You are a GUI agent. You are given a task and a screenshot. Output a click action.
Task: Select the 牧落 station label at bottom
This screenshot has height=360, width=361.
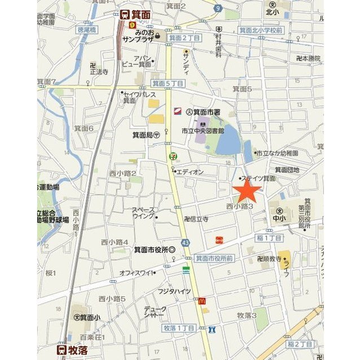(78, 349)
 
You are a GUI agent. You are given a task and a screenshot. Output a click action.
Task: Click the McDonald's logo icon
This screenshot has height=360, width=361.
(201, 301)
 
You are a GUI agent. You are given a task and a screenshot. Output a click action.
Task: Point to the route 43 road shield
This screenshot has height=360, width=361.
(186, 242)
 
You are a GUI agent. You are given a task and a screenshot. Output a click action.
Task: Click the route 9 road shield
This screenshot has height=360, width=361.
(218, 8)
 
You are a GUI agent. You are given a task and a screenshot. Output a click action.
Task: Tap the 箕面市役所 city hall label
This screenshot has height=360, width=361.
(154, 250)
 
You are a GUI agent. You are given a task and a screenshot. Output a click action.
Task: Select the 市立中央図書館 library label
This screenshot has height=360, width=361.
(202, 131)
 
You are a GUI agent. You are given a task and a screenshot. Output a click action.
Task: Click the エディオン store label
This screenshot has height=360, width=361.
(190, 171)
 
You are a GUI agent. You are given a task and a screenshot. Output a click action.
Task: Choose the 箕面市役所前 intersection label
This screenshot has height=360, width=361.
(214, 258)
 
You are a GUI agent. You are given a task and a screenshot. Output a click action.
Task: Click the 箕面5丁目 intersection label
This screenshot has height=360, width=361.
(168, 83)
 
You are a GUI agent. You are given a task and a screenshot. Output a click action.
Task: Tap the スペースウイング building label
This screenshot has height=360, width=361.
(144, 212)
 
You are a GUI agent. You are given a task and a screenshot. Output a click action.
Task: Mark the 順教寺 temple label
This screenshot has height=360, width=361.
(270, 259)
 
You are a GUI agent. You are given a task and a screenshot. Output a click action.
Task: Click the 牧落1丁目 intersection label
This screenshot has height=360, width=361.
(179, 328)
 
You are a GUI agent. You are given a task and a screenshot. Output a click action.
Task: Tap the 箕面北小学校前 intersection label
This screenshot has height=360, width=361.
(260, 30)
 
